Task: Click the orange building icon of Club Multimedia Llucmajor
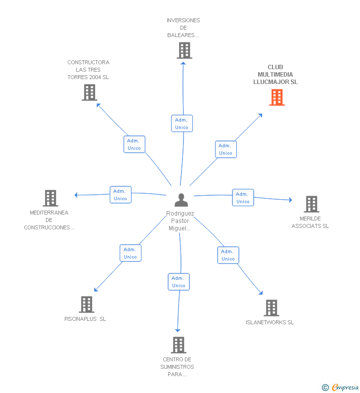[x=277, y=97]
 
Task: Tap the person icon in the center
[x=181, y=200]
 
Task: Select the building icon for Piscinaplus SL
[x=87, y=305]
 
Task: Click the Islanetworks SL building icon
[x=271, y=308]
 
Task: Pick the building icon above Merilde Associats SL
[x=312, y=204]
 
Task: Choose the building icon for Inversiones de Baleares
[x=184, y=50]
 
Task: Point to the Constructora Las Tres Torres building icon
[x=90, y=92]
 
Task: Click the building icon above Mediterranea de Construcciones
[x=50, y=198]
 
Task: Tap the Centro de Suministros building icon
[x=179, y=345]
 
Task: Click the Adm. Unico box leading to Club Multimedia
[x=226, y=149]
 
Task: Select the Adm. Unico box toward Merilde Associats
[x=243, y=198]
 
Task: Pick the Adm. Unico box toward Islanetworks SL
[x=228, y=255]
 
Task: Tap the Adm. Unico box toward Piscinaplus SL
[x=131, y=253]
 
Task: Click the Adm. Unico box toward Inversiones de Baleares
[x=182, y=124]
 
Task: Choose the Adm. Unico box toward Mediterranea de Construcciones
[x=121, y=195]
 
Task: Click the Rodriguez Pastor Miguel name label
[x=180, y=221]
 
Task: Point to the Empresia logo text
[x=345, y=388]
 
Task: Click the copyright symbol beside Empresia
[x=325, y=388]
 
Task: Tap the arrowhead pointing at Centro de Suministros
[x=178, y=330]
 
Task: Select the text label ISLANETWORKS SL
[x=270, y=322]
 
